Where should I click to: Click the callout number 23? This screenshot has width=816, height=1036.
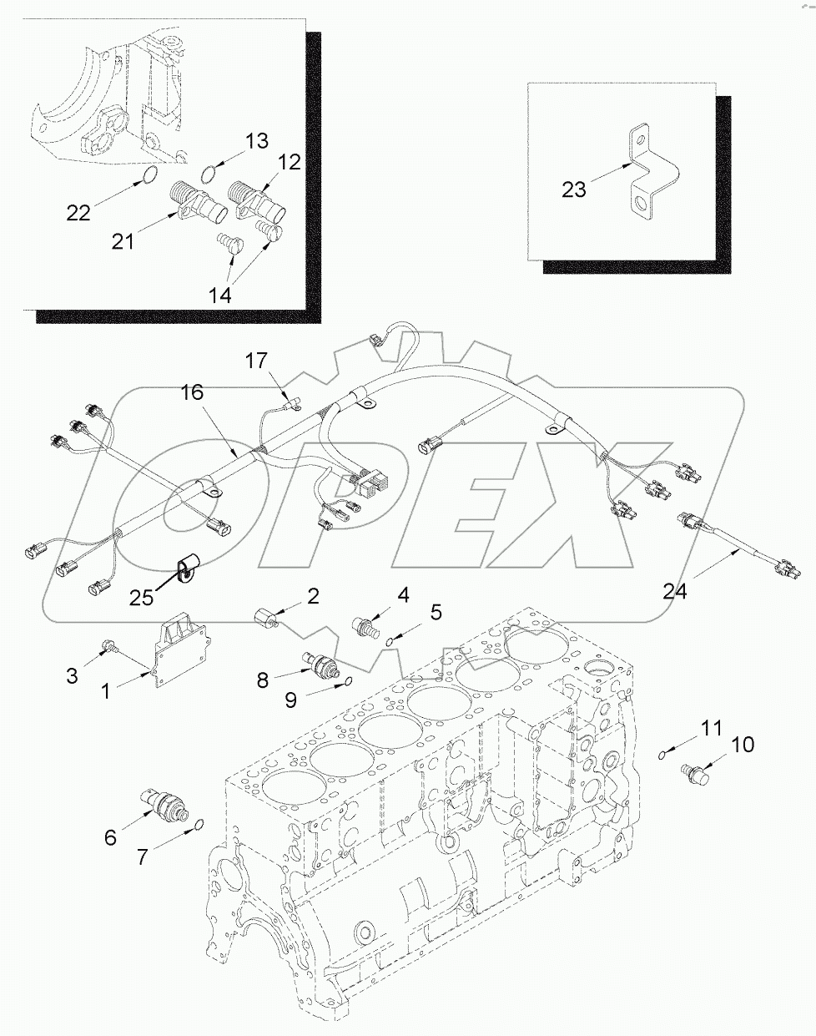point(573,190)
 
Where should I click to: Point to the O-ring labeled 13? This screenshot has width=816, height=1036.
point(211,173)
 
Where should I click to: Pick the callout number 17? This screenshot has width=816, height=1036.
point(255,361)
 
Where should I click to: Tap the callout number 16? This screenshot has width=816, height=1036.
point(193,392)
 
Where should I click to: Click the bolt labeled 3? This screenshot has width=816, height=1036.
point(108,645)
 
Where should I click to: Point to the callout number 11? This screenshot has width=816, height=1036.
point(710,728)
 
